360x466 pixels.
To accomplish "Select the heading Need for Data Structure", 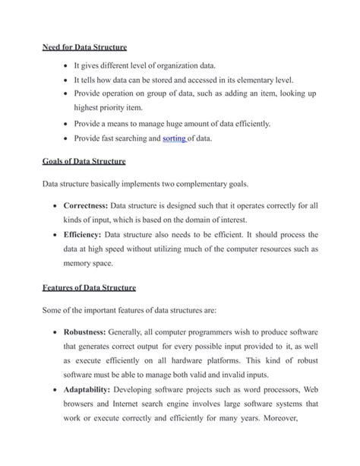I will [84, 48].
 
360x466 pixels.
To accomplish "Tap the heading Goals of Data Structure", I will [84, 161].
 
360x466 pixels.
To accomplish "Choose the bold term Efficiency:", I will [84, 235].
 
